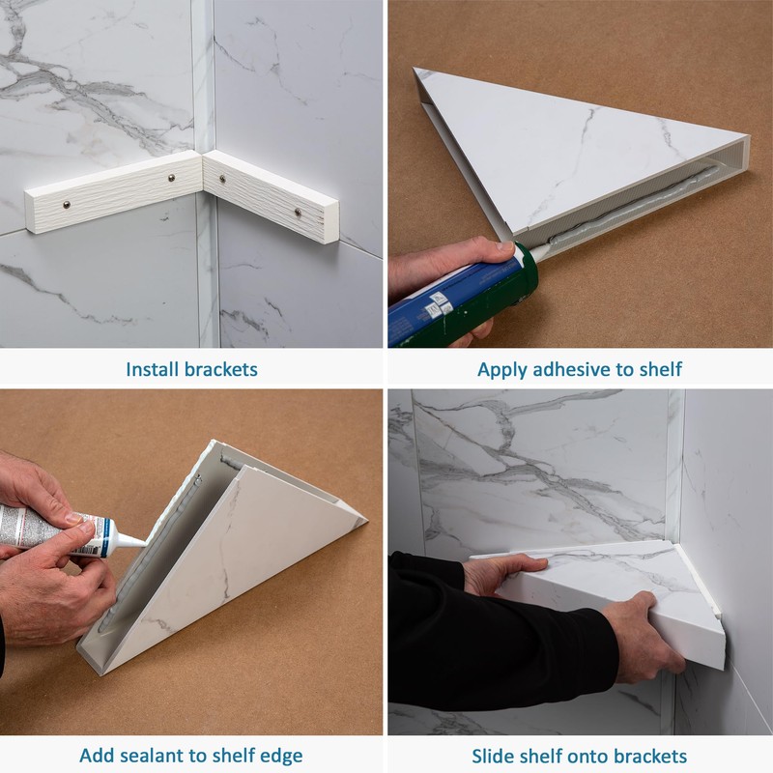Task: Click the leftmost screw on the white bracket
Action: coord(67,205)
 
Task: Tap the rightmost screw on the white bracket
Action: coord(298,213)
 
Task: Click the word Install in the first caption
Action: coord(153,369)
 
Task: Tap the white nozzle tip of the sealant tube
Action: coord(129,540)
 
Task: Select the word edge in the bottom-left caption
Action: coord(282,757)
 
